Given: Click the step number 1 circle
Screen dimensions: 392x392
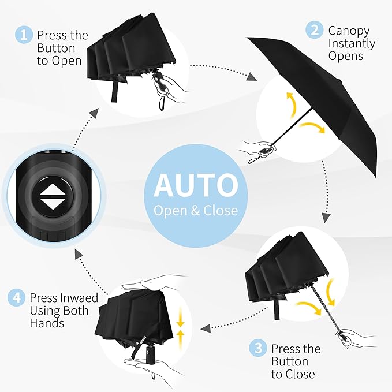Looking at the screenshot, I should pyautogui.click(x=24, y=35).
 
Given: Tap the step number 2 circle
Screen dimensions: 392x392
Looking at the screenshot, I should pyautogui.click(x=314, y=30).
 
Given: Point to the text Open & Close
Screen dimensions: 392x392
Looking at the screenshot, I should pyautogui.click(x=196, y=210).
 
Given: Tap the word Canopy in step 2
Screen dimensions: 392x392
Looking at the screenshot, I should pyautogui.click(x=349, y=30).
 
